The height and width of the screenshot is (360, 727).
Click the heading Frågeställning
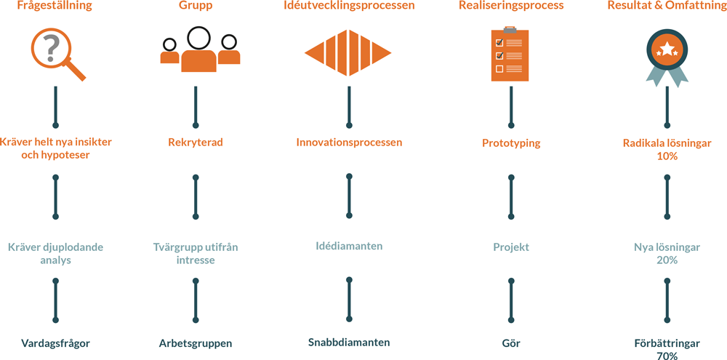click(x=55, y=7)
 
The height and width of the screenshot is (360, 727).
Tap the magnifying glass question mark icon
click(x=53, y=51)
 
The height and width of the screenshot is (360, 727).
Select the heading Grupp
click(x=195, y=7)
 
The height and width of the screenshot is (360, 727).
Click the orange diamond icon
click(x=348, y=53)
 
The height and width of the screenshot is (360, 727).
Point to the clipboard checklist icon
click(x=510, y=55)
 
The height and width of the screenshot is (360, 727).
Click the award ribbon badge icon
click(x=667, y=55)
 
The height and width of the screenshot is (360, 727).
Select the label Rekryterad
click(x=195, y=143)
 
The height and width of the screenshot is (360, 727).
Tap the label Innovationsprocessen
click(x=349, y=143)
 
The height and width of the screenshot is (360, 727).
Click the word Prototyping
click(x=511, y=143)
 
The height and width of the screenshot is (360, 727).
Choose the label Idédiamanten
click(x=349, y=246)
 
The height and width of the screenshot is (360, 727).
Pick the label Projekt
click(x=511, y=247)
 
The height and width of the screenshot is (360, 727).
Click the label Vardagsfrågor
click(x=55, y=343)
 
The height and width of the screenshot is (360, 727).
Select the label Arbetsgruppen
click(x=195, y=343)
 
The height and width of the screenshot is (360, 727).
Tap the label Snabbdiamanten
click(x=349, y=342)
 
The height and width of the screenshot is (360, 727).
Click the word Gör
click(x=511, y=343)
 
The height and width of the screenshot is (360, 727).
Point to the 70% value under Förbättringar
click(x=667, y=356)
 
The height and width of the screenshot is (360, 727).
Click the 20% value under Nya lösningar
click(x=667, y=260)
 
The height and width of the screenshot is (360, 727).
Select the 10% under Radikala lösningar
click(x=667, y=156)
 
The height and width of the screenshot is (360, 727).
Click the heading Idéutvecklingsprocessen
click(x=349, y=7)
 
